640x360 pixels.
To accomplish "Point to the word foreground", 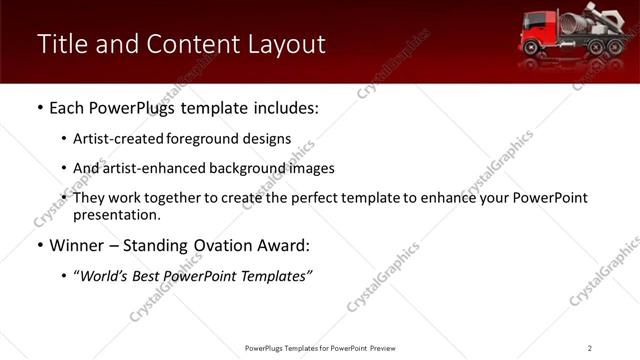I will [x=200, y=139].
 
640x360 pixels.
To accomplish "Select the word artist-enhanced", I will [x=149, y=168].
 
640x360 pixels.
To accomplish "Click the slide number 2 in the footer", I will [x=590, y=347].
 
